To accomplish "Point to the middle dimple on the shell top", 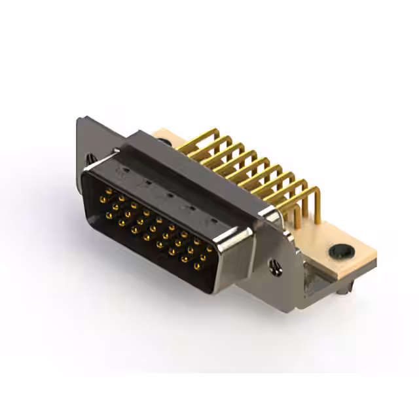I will click(168, 194).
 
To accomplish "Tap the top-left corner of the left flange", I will click(79, 120).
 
